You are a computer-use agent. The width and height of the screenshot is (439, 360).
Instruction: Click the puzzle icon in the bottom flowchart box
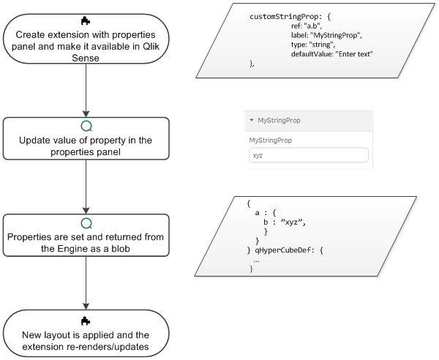[86, 320]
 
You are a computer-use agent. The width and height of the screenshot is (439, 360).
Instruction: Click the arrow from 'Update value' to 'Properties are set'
[86, 187]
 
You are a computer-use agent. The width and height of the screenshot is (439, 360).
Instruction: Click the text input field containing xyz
[308, 156]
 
